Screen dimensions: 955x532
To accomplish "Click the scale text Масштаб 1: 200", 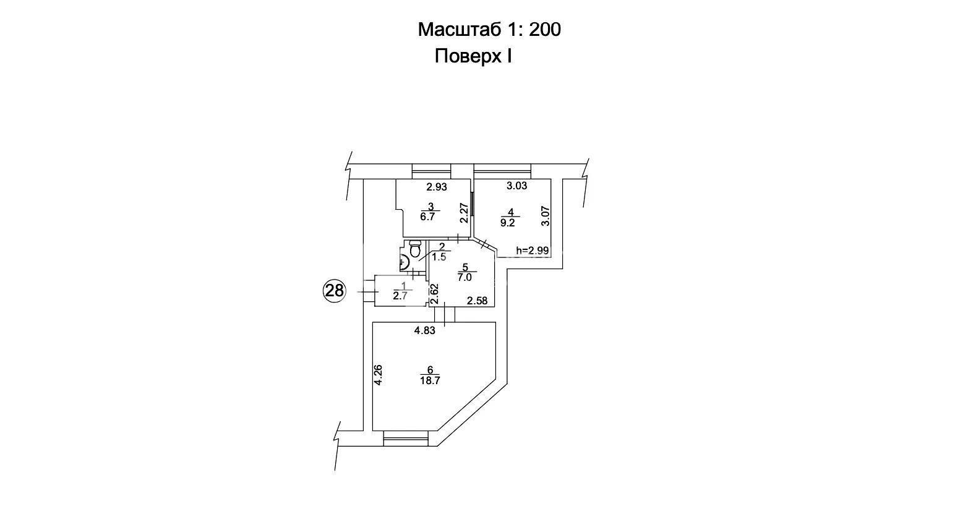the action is [x=489, y=30].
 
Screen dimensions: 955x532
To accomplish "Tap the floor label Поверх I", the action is [x=473, y=56].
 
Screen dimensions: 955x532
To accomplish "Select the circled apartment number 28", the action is [x=335, y=291].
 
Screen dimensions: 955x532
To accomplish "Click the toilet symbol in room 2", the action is [x=415, y=249].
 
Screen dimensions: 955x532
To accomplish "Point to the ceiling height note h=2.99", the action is [x=532, y=251].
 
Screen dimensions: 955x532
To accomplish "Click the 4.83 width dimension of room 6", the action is [x=425, y=330].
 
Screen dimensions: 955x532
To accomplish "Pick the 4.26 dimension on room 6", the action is [x=378, y=375].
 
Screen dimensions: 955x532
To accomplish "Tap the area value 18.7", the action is [x=430, y=380].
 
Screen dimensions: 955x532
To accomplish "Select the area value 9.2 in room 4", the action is [x=507, y=223].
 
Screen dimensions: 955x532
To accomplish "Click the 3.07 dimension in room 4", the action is [x=546, y=216].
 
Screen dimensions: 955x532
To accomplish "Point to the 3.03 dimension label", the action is [x=516, y=186].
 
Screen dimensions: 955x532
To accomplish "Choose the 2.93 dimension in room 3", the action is [x=437, y=186].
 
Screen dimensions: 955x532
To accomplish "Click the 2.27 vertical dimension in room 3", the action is [x=465, y=213].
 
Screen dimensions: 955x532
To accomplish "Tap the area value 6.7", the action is [x=427, y=217].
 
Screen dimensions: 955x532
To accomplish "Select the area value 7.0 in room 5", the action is [x=465, y=278].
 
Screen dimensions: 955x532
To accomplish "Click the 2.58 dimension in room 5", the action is [x=477, y=301].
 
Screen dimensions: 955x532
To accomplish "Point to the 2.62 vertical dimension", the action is [x=434, y=294].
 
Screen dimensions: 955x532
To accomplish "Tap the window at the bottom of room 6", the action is [x=406, y=438].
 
